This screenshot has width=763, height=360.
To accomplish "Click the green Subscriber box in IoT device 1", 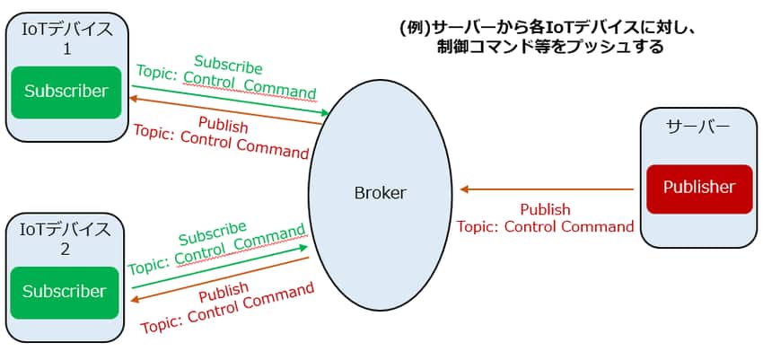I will (x=66, y=92).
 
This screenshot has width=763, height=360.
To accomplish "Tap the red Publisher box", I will (x=698, y=189).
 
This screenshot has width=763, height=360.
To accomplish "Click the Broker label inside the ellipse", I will (x=380, y=193).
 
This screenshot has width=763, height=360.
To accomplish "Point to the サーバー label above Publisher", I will (x=697, y=127).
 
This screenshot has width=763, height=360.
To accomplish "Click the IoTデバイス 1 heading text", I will (x=66, y=39).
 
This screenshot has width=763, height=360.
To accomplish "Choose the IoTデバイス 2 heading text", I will (x=65, y=239).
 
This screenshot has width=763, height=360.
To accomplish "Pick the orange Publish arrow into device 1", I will (x=224, y=110).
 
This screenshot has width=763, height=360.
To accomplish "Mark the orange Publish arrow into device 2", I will (x=220, y=278).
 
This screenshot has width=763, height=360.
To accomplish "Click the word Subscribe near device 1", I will (x=228, y=68).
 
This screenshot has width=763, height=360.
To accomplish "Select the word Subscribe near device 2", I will (x=212, y=234).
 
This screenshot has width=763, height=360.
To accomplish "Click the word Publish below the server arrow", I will (x=545, y=209).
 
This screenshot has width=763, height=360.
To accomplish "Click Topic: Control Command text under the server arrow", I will (x=545, y=226).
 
